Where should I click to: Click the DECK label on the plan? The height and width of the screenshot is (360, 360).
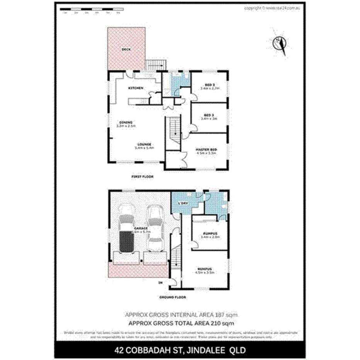pos(126,49)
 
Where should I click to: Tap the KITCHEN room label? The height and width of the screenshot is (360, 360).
pos(136,88)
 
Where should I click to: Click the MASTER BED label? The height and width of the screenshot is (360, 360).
pos(207,149)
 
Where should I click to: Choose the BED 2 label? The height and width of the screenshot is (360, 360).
pos(209,85)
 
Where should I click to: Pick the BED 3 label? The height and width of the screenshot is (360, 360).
pos(209,115)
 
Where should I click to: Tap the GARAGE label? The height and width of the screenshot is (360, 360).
pos(141,229)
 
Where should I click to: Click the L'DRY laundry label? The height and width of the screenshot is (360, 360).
pos(182,203)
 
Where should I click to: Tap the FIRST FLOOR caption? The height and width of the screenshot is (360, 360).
pos(143,177)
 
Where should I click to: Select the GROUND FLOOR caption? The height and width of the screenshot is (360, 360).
pos(173,297)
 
